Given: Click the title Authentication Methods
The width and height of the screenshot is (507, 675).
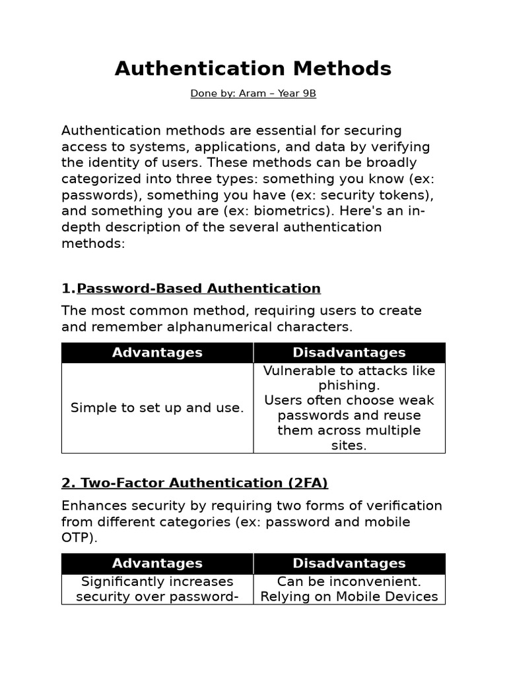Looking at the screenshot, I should [253, 69].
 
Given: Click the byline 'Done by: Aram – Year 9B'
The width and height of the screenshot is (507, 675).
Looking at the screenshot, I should [253, 94].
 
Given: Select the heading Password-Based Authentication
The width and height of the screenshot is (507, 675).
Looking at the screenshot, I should [199, 289].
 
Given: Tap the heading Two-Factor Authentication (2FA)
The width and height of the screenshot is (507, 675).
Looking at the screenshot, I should [195, 483].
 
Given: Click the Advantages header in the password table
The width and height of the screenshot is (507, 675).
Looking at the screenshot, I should [157, 353].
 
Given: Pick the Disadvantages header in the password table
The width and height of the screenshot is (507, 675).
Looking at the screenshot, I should [349, 353].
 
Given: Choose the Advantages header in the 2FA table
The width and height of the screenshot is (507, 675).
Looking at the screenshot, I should [157, 564].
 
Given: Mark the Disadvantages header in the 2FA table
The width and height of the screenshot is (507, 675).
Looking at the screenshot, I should [349, 564].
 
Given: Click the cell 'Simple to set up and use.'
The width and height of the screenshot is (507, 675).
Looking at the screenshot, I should [157, 408].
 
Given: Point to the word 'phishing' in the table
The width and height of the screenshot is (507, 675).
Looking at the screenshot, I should [347, 386].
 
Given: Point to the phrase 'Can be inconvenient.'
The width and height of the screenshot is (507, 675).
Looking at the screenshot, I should [349, 581].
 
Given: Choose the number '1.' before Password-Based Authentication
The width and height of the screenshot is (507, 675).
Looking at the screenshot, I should [68, 289].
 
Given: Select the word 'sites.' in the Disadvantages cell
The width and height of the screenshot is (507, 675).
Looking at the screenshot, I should [349, 446].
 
